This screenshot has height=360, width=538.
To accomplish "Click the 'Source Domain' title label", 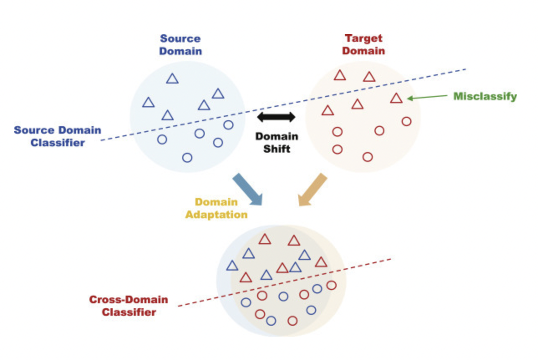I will click(x=180, y=45).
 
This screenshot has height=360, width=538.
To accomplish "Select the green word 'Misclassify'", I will click(x=485, y=96).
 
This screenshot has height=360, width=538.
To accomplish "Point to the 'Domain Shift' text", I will click(x=277, y=142).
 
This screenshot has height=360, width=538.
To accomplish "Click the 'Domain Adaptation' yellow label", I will click(x=216, y=208).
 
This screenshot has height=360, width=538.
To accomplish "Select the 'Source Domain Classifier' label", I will click(x=58, y=136).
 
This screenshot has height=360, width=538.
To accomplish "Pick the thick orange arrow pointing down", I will click(x=312, y=189).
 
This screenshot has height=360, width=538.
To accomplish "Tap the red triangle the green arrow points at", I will click(x=396, y=99).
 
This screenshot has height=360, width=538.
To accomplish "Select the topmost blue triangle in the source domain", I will click(x=172, y=79).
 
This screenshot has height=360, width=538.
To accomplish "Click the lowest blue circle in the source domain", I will click(x=188, y=157).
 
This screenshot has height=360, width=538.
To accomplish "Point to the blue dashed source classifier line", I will click(x=284, y=104).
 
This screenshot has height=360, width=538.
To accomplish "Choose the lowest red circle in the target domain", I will click(x=368, y=157).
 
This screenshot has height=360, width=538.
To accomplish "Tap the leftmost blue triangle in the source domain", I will click(x=148, y=103).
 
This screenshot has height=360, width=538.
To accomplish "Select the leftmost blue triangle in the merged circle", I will click(x=232, y=266).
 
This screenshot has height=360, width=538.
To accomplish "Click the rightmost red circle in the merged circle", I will click(x=331, y=285).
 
